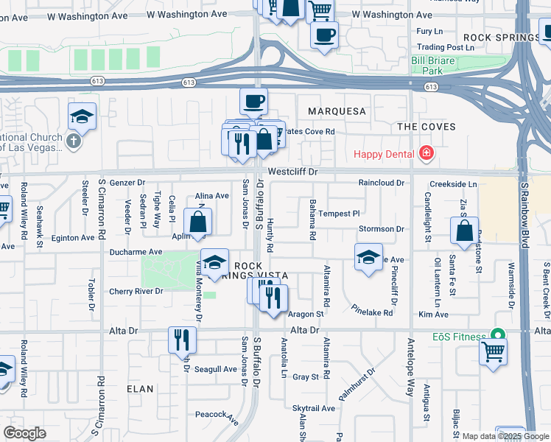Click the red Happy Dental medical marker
click(425, 153)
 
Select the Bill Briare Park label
click(437, 66)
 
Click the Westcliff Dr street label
click(292, 171)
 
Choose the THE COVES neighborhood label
click(427, 127)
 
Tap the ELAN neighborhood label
click(140, 388)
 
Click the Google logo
click(24, 432)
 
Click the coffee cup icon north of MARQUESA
click(253, 100)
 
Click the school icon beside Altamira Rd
click(368, 257)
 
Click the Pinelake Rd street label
click(371, 310)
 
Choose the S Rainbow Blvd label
click(524, 214)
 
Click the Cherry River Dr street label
click(136, 291)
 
